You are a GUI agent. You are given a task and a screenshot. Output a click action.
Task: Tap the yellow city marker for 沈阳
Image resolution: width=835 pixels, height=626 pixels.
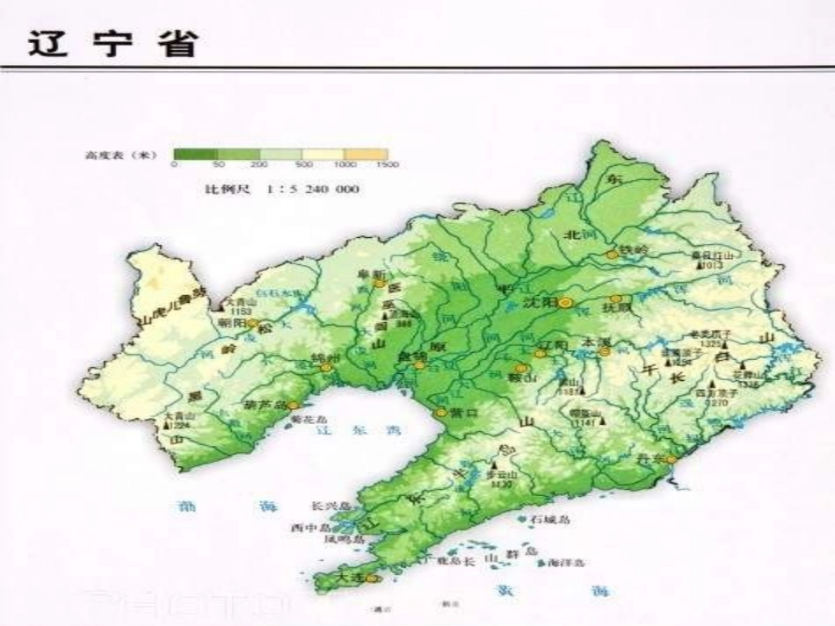pyautogui.click(x=566, y=302)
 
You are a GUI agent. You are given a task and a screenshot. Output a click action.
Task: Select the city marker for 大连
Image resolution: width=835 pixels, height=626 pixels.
pyautogui.click(x=372, y=579)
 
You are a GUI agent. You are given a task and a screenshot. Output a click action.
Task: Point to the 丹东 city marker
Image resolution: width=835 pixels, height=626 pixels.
pyautogui.click(x=672, y=458)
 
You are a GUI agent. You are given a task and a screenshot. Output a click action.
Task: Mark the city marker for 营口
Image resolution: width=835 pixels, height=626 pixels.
pyautogui.click(x=441, y=412)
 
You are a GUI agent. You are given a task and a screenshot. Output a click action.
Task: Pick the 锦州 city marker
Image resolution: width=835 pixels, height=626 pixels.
pyautogui.click(x=326, y=368)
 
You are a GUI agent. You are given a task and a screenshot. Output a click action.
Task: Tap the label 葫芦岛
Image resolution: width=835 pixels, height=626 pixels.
pyautogui.click(x=265, y=406)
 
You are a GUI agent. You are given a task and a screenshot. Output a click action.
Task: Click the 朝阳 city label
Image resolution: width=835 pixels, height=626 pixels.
pyautogui.click(x=233, y=322)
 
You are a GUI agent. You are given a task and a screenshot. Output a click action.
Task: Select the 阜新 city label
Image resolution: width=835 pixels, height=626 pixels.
pyautogui.click(x=373, y=275)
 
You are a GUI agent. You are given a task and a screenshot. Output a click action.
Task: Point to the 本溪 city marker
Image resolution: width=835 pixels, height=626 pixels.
pyautogui.click(x=605, y=351)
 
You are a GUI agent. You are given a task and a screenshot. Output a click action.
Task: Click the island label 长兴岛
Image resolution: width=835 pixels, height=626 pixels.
pyautogui.click(x=330, y=507)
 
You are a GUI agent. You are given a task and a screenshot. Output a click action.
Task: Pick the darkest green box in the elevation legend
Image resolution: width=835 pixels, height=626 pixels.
pyautogui.click(x=195, y=154)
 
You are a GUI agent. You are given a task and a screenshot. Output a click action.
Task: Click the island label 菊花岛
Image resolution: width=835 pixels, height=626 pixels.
pyautogui.click(x=309, y=420)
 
